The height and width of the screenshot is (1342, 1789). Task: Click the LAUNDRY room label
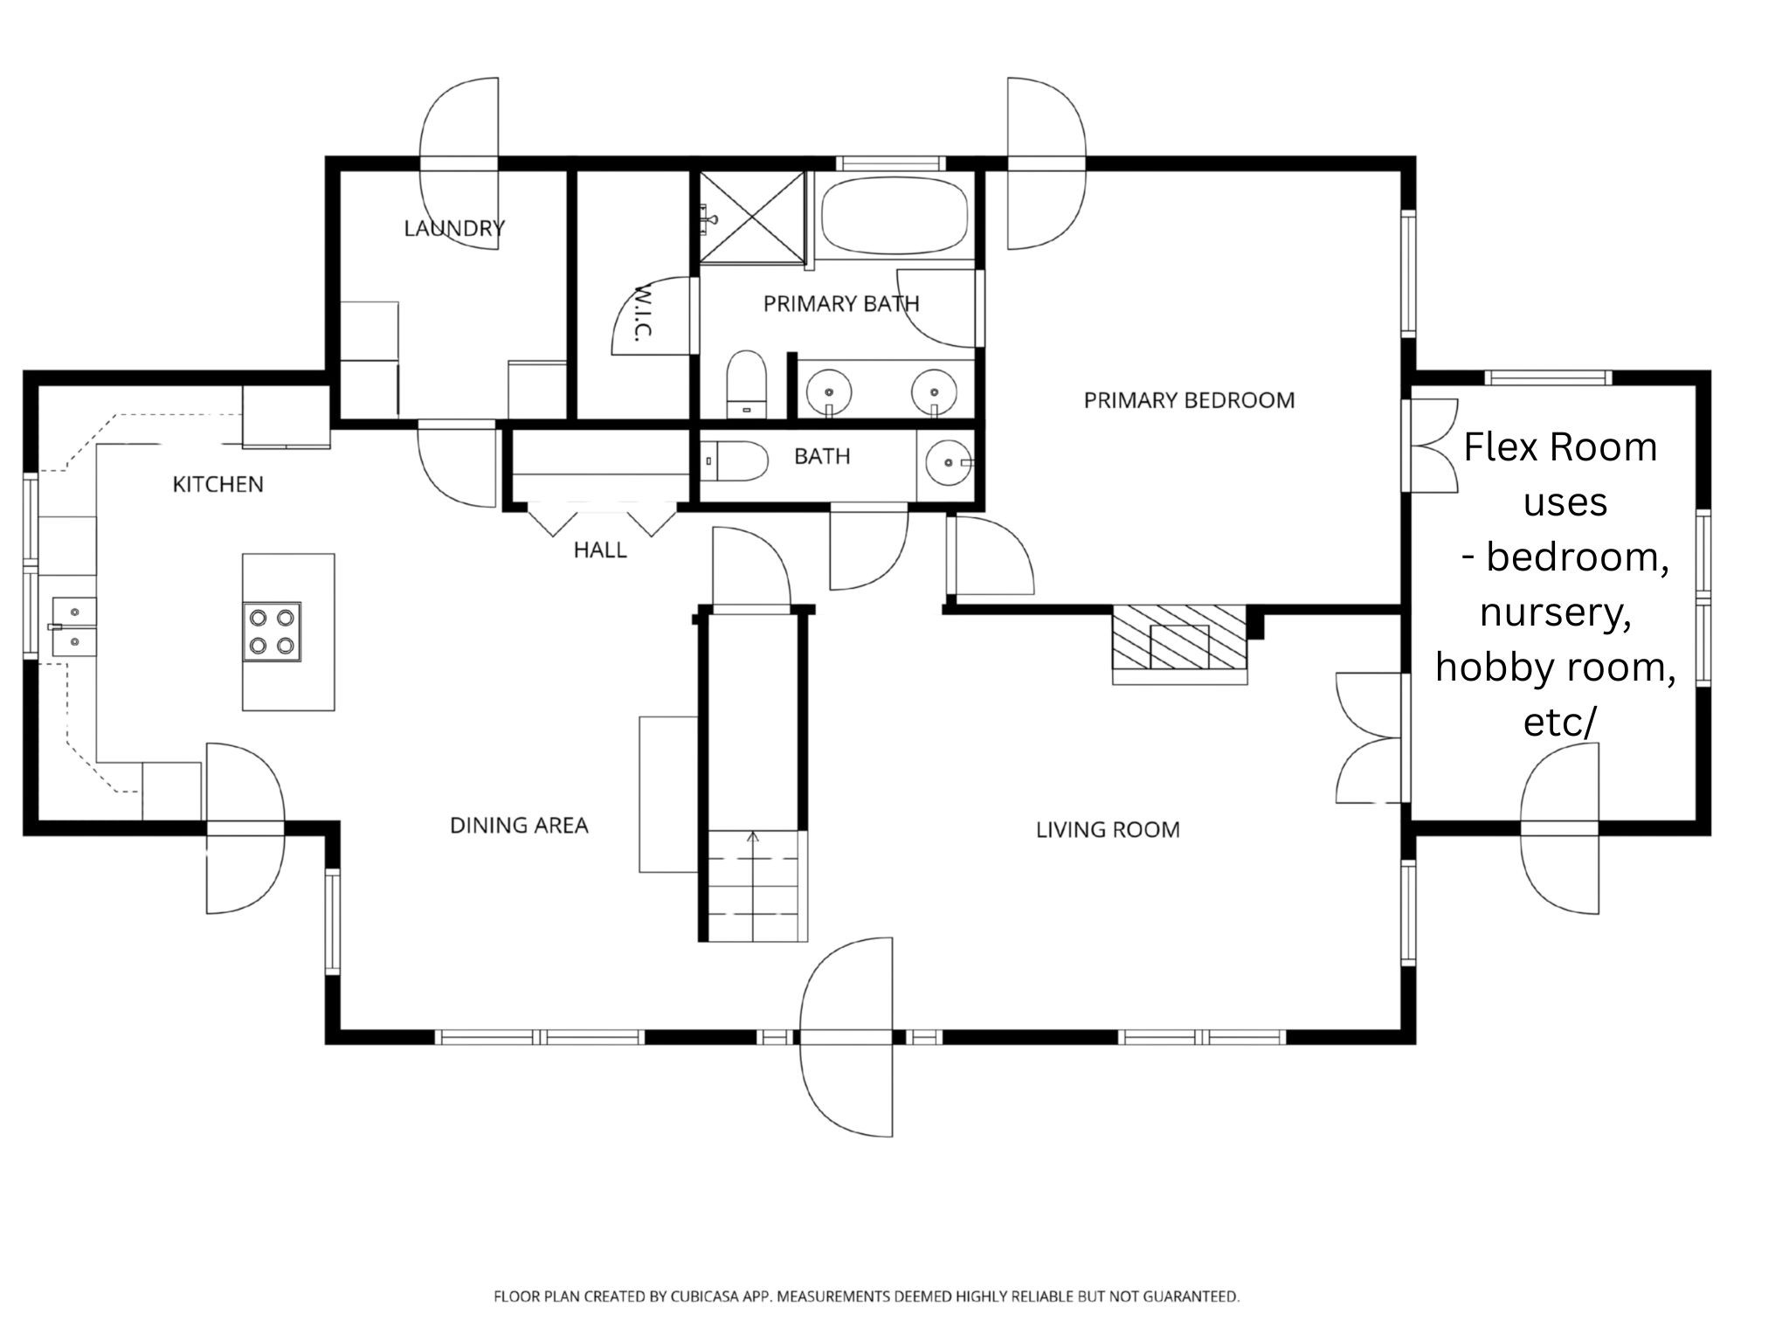pos(454,228)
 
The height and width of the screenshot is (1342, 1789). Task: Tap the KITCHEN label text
pos(218,484)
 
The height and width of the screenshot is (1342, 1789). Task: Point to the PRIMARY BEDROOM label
pos(1189,400)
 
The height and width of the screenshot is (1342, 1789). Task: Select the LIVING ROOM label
pos(1108,829)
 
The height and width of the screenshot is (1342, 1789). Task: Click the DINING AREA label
pos(519,825)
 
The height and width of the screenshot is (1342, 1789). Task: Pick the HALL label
pos(600,550)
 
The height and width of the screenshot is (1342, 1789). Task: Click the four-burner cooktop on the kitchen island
pos(272,632)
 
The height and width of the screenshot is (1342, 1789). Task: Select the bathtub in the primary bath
pos(895,215)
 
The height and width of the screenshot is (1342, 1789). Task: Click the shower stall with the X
pos(752,216)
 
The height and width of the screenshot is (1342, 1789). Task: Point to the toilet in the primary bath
pos(747,384)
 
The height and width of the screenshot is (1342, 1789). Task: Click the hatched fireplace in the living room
pos(1179,645)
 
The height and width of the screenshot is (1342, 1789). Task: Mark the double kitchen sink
pos(73,626)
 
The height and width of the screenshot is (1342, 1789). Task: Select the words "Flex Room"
pos(1560,447)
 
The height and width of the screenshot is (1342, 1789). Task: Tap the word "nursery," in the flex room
pos(1556,613)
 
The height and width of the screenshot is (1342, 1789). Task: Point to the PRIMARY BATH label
pos(841,304)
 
